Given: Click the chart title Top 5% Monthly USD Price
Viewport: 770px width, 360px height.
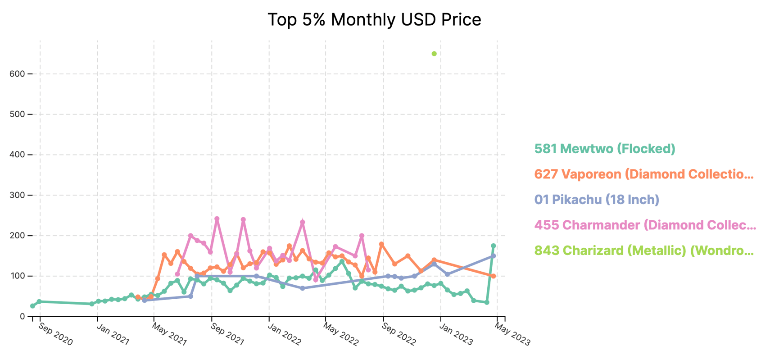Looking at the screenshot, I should (x=374, y=20).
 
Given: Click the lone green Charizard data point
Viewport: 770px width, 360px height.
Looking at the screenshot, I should (x=434, y=54).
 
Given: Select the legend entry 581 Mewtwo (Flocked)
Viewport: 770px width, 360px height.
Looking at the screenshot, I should (x=605, y=149).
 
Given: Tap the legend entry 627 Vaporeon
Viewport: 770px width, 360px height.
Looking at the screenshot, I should (x=644, y=174).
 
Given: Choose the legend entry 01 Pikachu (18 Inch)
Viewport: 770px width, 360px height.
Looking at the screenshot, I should (x=597, y=200).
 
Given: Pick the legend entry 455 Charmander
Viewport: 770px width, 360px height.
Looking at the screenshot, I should (x=645, y=225).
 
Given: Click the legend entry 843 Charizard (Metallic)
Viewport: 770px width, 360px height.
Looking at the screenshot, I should (x=644, y=251).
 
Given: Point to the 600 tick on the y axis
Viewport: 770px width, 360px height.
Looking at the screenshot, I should (x=17, y=74).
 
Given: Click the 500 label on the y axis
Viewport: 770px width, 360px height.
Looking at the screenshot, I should (x=17, y=114).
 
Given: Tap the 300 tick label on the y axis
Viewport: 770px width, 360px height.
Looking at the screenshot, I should (x=17, y=195).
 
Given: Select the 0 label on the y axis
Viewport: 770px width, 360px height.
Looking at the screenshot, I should (x=22, y=316).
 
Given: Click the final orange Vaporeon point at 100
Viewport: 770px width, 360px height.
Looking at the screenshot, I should (x=494, y=276).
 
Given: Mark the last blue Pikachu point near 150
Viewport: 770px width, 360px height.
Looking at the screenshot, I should (x=494, y=256).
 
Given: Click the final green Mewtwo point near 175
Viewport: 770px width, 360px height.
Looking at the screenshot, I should (x=494, y=246).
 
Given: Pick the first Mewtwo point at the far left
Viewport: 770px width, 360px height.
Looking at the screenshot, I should (x=32, y=306).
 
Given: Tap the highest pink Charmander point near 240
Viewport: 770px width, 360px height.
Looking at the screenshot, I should (x=217, y=219).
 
